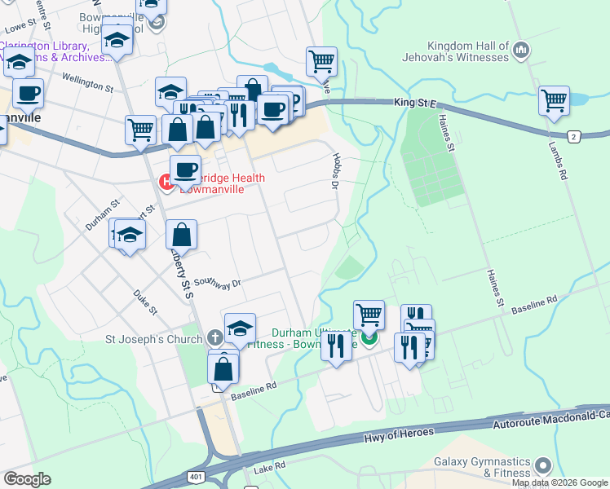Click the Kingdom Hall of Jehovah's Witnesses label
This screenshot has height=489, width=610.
(x=455, y=52)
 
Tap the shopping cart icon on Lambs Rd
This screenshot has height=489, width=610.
(x=554, y=102)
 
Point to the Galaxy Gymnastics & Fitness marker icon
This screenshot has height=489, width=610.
(x=543, y=465)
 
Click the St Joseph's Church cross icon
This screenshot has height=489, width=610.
(x=214, y=337)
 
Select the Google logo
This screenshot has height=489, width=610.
(x=27, y=479)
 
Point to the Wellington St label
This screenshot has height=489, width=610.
(x=88, y=83)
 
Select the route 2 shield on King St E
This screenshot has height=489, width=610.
(x=575, y=136)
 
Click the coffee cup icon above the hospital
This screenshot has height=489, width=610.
(x=187, y=170)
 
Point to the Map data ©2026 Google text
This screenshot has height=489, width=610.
(x=560, y=482)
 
